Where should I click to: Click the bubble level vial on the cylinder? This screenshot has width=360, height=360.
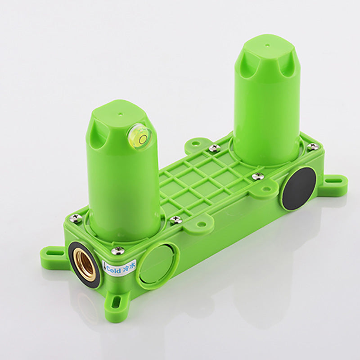click(140, 138)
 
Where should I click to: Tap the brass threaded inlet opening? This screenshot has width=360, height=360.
click(85, 265)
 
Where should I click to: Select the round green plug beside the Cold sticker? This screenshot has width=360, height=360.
click(156, 265)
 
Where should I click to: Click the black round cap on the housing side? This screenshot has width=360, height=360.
click(299, 189)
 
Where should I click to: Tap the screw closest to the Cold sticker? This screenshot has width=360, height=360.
click(118, 251)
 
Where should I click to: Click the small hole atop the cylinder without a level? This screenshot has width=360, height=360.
click(266, 45)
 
